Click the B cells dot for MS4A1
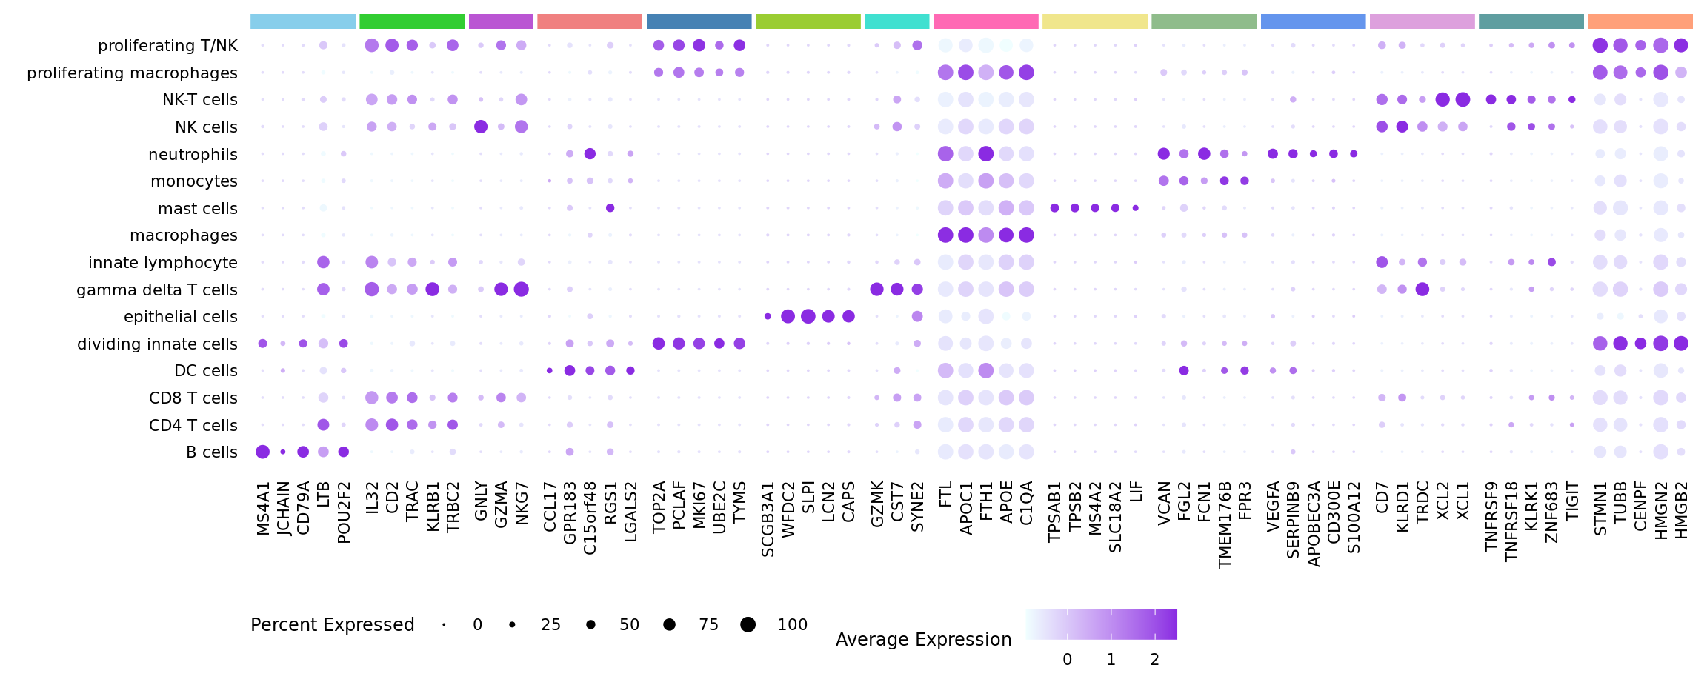click(262, 452)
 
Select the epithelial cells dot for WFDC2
click(788, 317)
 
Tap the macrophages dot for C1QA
click(1026, 235)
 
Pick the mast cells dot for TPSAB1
click(1054, 208)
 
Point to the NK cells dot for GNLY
click(481, 127)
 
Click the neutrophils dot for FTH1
click(985, 154)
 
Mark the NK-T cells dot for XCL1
click(1463, 99)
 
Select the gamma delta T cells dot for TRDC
click(1422, 290)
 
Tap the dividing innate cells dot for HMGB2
click(1681, 344)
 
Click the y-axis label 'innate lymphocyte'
click(162, 263)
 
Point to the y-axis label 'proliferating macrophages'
click(132, 73)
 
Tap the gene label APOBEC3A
click(1314, 524)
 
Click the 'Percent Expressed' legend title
click(332, 625)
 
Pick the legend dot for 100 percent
click(748, 625)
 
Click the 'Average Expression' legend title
click(923, 640)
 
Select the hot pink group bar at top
click(985, 21)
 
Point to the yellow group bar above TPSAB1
click(1094, 21)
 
